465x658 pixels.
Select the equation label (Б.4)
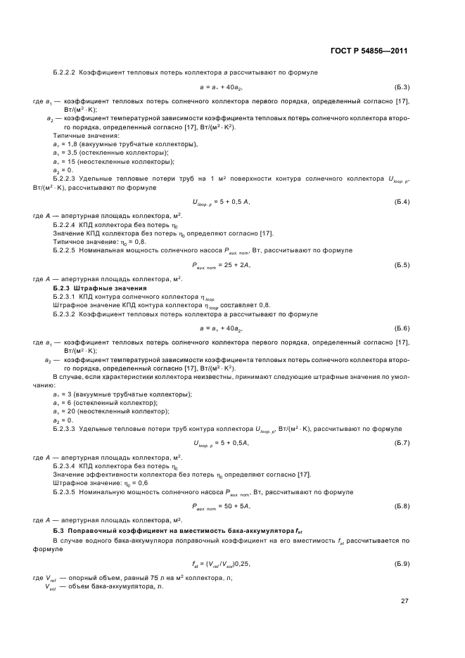pos(402,202)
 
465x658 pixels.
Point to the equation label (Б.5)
pos(402,265)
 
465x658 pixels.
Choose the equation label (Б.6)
pos(402,328)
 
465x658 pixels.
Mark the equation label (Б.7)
pos(402,442)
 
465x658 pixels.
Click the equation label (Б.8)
pos(402,505)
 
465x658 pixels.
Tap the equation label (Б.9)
pos(402,564)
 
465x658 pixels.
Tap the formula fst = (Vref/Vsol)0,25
pos(221,564)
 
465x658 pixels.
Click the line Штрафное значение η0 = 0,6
pos(91,482)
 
